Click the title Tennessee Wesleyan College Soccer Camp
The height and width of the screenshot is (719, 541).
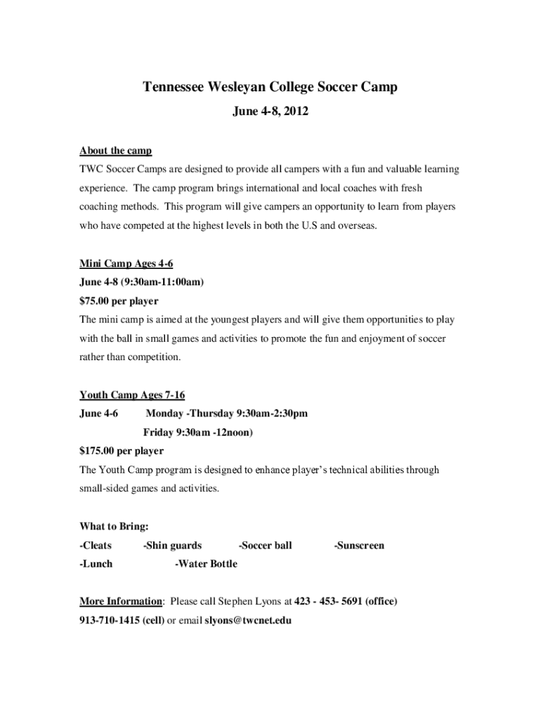click(270, 87)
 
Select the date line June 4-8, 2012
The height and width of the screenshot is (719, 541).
click(270, 111)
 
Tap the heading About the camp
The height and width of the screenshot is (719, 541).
click(115, 151)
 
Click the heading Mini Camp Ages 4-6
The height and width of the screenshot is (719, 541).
click(126, 264)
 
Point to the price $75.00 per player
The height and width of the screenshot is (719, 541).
click(119, 301)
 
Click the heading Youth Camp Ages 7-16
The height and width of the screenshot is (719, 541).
click(132, 395)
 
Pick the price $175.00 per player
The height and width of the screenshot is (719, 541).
click(122, 451)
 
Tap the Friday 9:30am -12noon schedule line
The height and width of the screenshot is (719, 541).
click(198, 433)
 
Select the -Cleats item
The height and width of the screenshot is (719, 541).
click(96, 546)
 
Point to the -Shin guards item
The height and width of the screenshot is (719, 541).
click(172, 546)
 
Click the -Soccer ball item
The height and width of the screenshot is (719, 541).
click(266, 546)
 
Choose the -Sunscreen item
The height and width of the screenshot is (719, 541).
click(359, 546)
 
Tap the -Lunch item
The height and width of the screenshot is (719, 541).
click(96, 564)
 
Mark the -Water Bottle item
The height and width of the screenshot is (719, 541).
click(206, 564)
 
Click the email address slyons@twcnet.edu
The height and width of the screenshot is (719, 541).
click(248, 621)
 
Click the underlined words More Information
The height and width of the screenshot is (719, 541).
click(121, 602)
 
